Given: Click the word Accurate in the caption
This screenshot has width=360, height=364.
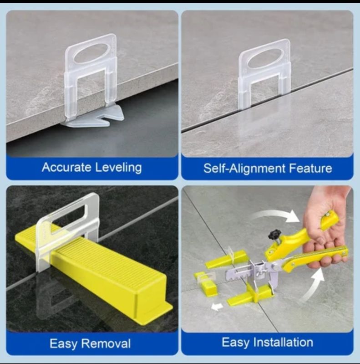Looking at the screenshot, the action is [x=66, y=167].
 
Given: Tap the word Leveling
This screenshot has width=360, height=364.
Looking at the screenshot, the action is [x=118, y=168].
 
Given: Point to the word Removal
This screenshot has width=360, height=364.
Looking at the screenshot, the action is [x=107, y=343].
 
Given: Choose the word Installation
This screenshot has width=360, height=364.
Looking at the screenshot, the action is [x=283, y=342].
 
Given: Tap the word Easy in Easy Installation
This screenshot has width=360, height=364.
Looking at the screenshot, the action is [x=236, y=343].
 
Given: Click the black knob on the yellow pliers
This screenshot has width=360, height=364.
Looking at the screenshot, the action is [x=274, y=234].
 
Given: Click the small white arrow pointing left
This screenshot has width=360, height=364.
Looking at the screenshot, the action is [x=217, y=307].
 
